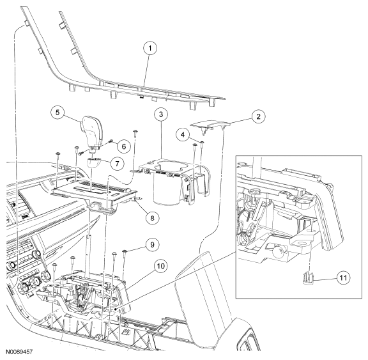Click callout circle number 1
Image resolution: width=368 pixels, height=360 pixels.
click(x=150, y=48)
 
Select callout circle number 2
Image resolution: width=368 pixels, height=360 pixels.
click(x=258, y=117)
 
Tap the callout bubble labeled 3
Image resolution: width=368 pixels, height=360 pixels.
click(x=161, y=114)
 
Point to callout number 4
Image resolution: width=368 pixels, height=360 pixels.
click(x=183, y=134)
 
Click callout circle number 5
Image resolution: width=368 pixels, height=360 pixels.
click(x=57, y=113)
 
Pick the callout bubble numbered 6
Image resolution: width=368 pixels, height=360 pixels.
click(x=124, y=146)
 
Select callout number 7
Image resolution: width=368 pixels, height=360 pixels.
click(x=117, y=163)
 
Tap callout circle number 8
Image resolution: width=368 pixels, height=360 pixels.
click(x=152, y=218)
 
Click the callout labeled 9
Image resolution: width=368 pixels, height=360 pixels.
click(x=152, y=245)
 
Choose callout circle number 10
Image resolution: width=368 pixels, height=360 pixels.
click(x=161, y=266)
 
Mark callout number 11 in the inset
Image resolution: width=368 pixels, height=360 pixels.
click(x=343, y=278)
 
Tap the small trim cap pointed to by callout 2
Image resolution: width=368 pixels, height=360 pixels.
click(x=211, y=127)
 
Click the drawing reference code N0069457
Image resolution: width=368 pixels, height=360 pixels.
click(x=19, y=352)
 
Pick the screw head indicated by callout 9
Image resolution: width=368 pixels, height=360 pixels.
click(x=125, y=252)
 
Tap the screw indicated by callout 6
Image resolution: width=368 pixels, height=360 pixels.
click(x=111, y=141)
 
